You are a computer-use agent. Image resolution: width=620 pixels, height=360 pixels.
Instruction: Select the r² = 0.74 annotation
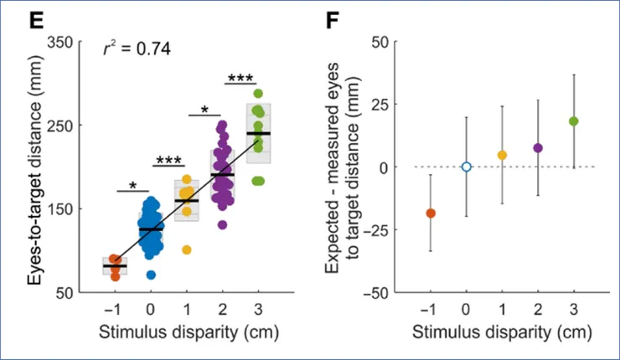tap(136, 49)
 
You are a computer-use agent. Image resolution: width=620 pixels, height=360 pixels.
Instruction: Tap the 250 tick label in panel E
tap(65, 125)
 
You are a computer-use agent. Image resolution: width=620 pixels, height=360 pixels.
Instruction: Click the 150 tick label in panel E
tap(65, 208)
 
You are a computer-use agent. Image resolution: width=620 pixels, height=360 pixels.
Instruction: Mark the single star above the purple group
tap(204, 110)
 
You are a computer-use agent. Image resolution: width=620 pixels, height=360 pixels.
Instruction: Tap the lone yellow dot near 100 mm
tap(187, 249)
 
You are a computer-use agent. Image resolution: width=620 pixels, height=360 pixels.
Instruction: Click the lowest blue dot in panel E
tap(151, 275)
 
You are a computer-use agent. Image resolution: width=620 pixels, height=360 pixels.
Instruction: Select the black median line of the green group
tap(258, 133)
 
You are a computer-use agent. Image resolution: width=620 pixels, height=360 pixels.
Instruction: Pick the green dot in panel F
tap(573, 121)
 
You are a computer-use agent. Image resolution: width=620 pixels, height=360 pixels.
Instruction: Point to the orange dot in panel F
tap(431, 213)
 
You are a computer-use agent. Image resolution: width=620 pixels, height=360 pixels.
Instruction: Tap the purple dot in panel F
tap(538, 148)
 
